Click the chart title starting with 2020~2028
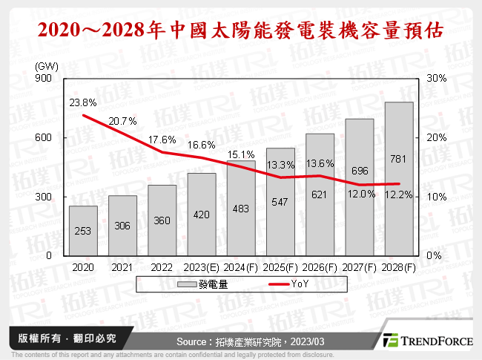[241, 30]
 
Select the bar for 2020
[84, 230]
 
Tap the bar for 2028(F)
[399, 179]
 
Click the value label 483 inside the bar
[241, 231]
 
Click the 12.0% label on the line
[359, 194]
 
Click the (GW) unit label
[47, 66]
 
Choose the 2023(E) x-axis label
[201, 266]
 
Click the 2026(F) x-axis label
[320, 266]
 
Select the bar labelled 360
[162, 220]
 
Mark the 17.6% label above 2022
[163, 140]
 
